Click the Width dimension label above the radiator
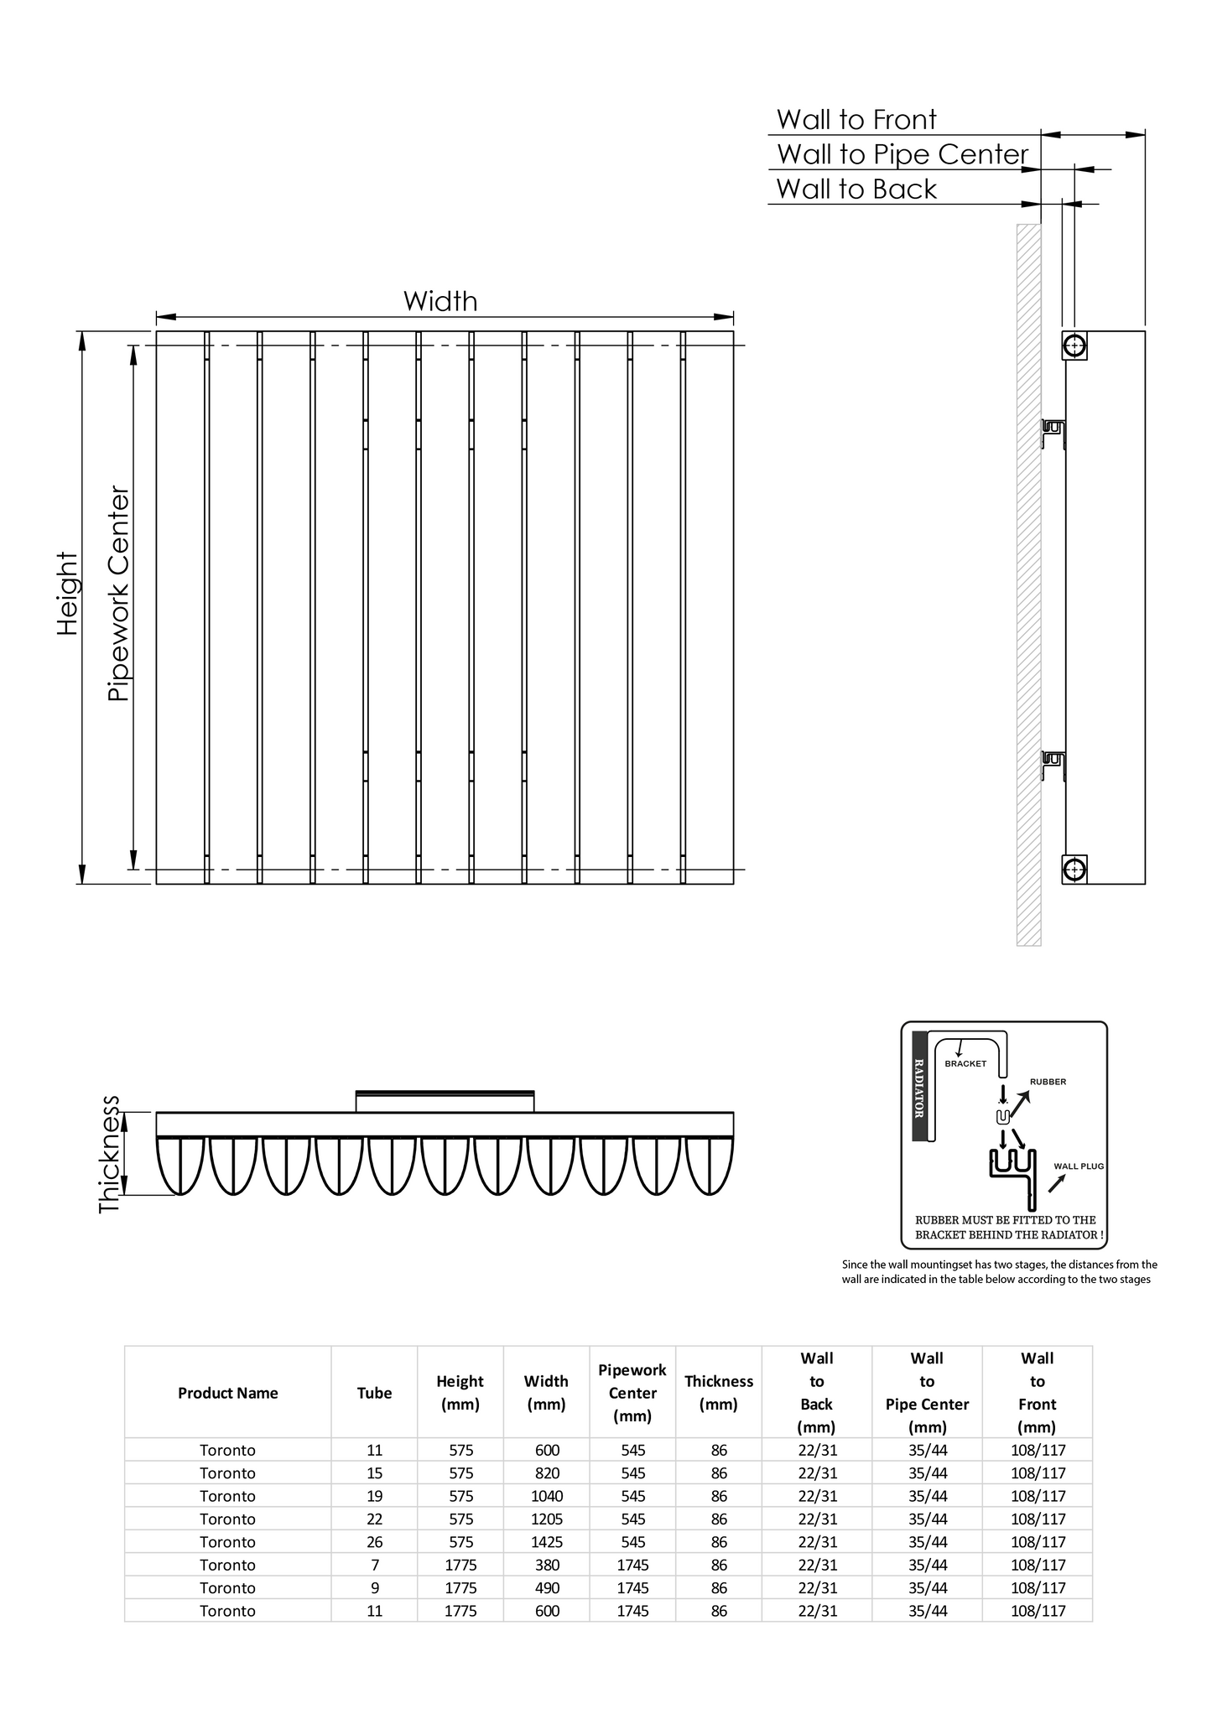coord(440,301)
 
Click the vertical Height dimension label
coord(67,593)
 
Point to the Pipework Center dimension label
coord(119,594)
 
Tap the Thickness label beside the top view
coord(110,1153)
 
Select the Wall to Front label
coord(856,120)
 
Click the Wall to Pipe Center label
coord(902,154)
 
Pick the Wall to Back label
coord(856,190)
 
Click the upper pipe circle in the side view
coord(1074,345)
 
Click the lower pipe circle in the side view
coord(1074,870)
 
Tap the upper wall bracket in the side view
coord(1053,433)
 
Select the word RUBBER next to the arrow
coord(1048,1082)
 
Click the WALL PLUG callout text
coord(1079,1166)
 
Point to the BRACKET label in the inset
coord(965,1064)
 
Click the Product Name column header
coord(227,1393)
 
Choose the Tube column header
coord(374,1393)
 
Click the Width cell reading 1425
coord(547,1541)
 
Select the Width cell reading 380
coord(547,1565)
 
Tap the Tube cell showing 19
coord(374,1495)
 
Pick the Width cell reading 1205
coord(547,1519)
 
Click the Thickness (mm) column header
coord(719,1393)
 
